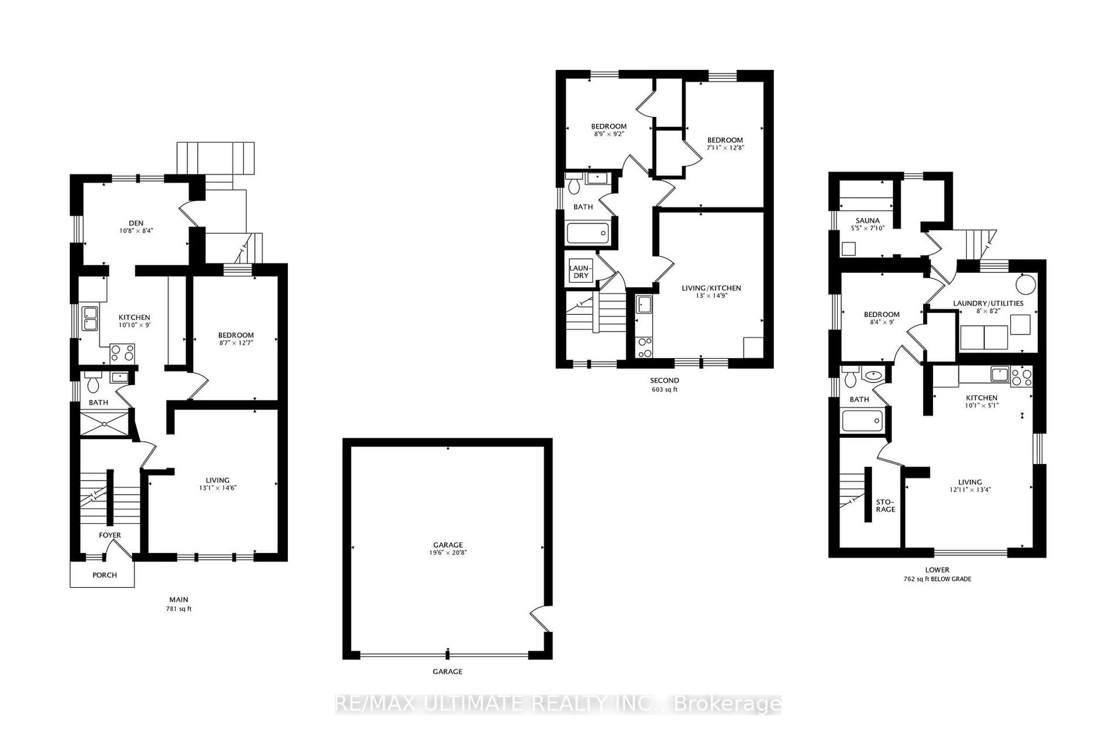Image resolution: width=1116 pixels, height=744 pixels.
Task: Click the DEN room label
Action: coord(136,223)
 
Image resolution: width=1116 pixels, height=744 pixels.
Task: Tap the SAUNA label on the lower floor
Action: coord(867,220)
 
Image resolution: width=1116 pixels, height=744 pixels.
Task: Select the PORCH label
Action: coord(104,575)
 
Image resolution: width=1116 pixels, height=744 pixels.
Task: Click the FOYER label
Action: coord(110,535)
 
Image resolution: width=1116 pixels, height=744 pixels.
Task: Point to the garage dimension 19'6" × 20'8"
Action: coord(448,552)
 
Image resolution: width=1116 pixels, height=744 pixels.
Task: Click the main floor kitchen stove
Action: coord(122,353)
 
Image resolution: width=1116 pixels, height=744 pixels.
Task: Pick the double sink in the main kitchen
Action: coord(90,318)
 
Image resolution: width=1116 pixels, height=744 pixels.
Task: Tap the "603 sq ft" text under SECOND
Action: coord(664,389)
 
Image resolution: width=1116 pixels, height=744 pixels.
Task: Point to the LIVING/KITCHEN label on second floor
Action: coord(711,288)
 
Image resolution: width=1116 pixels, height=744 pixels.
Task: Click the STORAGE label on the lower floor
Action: coord(886,505)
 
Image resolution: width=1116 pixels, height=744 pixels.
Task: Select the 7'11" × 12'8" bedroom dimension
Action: coord(725,148)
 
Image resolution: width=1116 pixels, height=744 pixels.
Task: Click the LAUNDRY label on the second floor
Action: coord(581,271)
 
